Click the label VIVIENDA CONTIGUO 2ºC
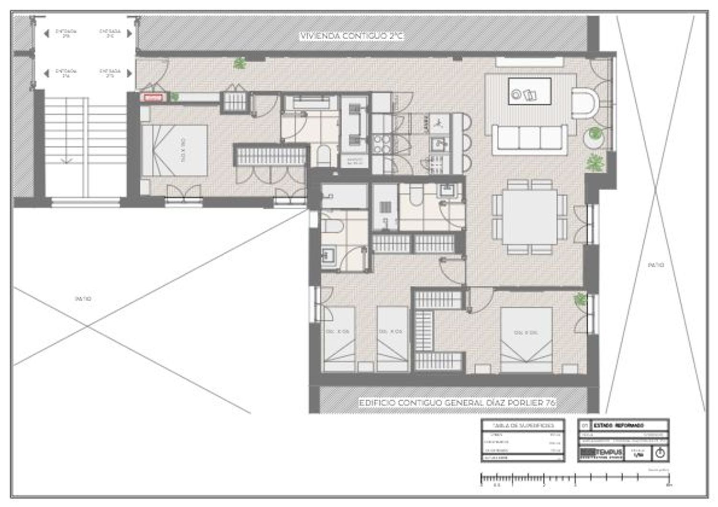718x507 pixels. click(x=351, y=36)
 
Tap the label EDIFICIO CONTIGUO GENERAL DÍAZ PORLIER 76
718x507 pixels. click(x=457, y=403)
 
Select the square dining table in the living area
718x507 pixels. click(x=529, y=217)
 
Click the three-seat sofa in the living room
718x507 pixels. click(x=529, y=138)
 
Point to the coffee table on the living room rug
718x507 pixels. click(x=529, y=91)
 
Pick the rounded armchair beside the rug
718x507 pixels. click(x=585, y=103)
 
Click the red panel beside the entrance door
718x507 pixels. click(x=153, y=97)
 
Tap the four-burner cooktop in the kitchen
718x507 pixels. click(x=382, y=144)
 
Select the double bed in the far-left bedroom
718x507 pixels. click(x=175, y=150)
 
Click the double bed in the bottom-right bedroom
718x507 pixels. click(x=526, y=339)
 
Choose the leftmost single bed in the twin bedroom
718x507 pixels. click(x=339, y=339)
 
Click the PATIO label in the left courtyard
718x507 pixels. click(x=83, y=299)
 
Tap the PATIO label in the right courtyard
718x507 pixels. click(x=655, y=265)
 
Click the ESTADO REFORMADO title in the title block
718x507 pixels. click(x=618, y=425)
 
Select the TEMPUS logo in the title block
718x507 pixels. click(x=601, y=452)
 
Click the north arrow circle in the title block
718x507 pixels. click(x=660, y=452)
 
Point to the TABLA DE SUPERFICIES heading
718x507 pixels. click(x=523, y=425)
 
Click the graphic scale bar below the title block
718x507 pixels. click(x=574, y=478)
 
